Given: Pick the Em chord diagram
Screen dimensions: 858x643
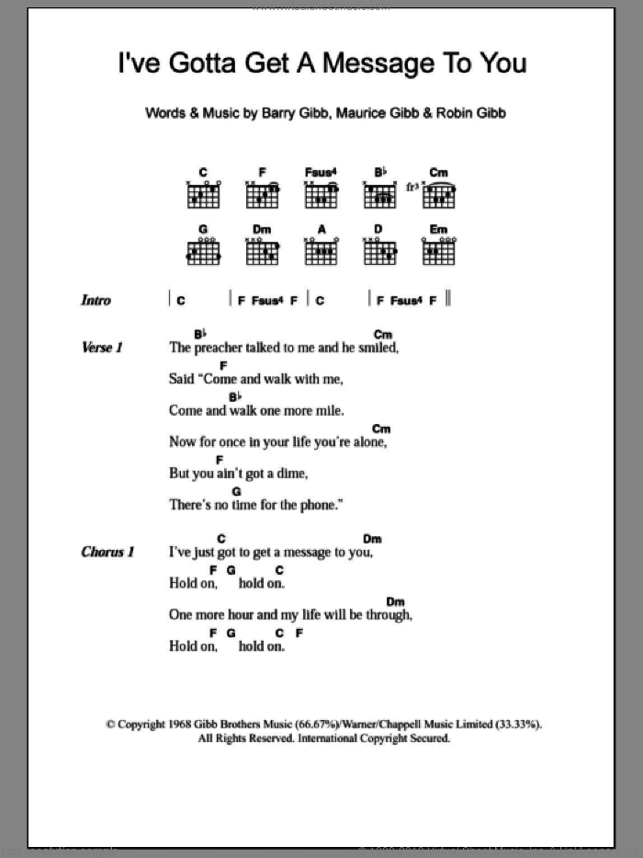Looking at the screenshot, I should pyautogui.click(x=439, y=250).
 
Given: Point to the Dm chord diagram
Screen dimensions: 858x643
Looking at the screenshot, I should pyautogui.click(x=262, y=250).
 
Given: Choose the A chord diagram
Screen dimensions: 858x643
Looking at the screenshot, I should pyautogui.click(x=321, y=250).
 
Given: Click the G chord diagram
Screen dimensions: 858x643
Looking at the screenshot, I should pyautogui.click(x=203, y=250).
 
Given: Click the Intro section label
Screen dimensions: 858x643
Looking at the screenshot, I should pyautogui.click(x=96, y=300).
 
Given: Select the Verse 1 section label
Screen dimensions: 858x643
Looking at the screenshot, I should pyautogui.click(x=102, y=348).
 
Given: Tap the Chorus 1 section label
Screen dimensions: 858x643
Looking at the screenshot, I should pyautogui.click(x=107, y=552).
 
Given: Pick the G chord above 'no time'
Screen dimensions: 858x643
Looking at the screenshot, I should pyautogui.click(x=237, y=492).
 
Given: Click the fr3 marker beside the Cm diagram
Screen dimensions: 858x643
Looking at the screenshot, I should pyautogui.click(x=412, y=189).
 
